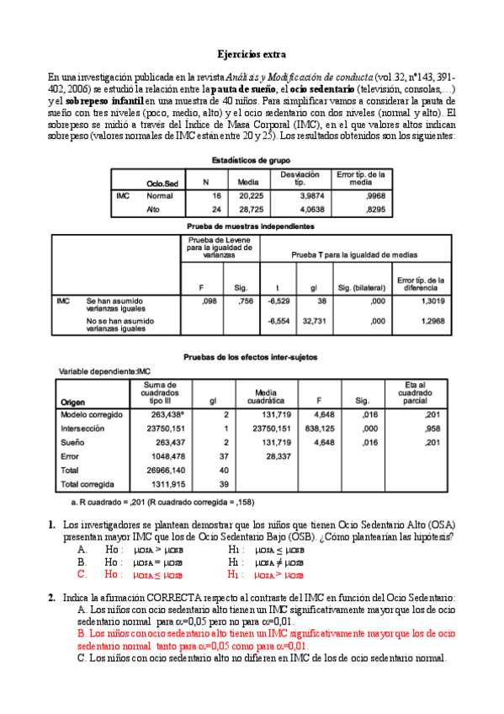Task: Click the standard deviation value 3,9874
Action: coord(305,194)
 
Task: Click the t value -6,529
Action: coord(277,300)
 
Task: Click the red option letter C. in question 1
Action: coord(82,574)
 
